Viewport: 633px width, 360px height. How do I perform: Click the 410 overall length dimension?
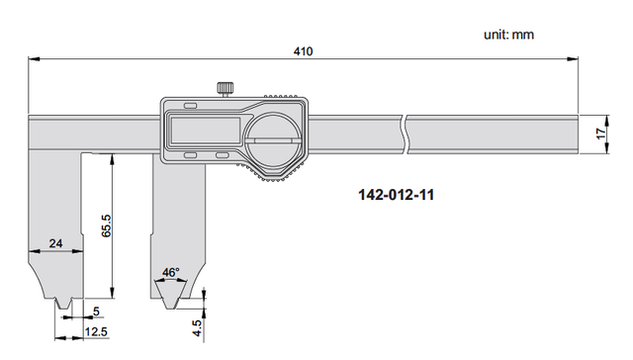coord(303,51)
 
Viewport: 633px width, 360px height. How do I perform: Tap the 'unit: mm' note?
coord(508,35)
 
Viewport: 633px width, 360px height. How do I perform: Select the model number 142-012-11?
coord(396,195)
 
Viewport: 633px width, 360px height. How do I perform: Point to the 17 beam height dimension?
coord(601,134)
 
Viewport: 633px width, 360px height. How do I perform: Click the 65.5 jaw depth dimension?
coord(106,225)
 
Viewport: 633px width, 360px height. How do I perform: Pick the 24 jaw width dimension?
coord(55,243)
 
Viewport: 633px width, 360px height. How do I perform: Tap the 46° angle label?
coord(171,272)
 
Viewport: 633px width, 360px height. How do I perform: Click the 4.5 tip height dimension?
coord(198,328)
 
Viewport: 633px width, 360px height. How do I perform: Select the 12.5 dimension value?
coord(96,331)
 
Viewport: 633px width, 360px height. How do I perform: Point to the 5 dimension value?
coord(96,312)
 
